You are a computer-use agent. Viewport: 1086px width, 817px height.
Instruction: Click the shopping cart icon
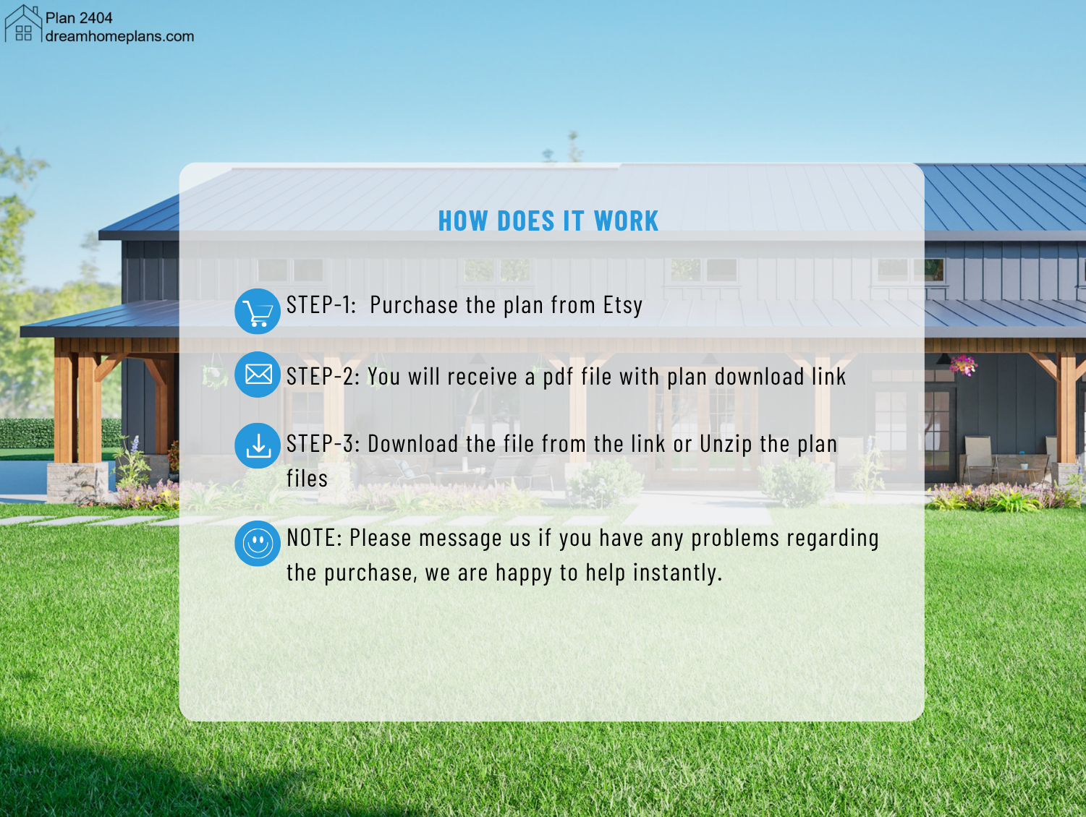coord(258,312)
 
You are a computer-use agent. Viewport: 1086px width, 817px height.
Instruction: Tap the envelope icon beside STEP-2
coord(258,375)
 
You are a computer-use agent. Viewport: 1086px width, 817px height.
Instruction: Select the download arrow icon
coord(258,445)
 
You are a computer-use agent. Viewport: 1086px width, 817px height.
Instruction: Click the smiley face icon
coord(258,543)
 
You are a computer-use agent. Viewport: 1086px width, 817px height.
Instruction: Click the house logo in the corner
coord(23,23)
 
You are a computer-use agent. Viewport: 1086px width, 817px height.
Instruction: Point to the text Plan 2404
coord(79,18)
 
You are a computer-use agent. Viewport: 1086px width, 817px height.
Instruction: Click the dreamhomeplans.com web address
coord(119,37)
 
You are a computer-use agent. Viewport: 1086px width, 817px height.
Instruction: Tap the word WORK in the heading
coord(626,221)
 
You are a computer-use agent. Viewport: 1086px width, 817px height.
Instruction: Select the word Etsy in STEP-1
coord(623,305)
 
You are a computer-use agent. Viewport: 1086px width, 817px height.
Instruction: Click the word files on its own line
coord(307,479)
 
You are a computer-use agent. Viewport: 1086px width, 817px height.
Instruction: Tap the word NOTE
coord(314,538)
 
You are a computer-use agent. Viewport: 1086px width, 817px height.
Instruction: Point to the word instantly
coord(678,573)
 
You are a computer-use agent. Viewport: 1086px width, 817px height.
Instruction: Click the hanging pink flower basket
coord(963,365)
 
